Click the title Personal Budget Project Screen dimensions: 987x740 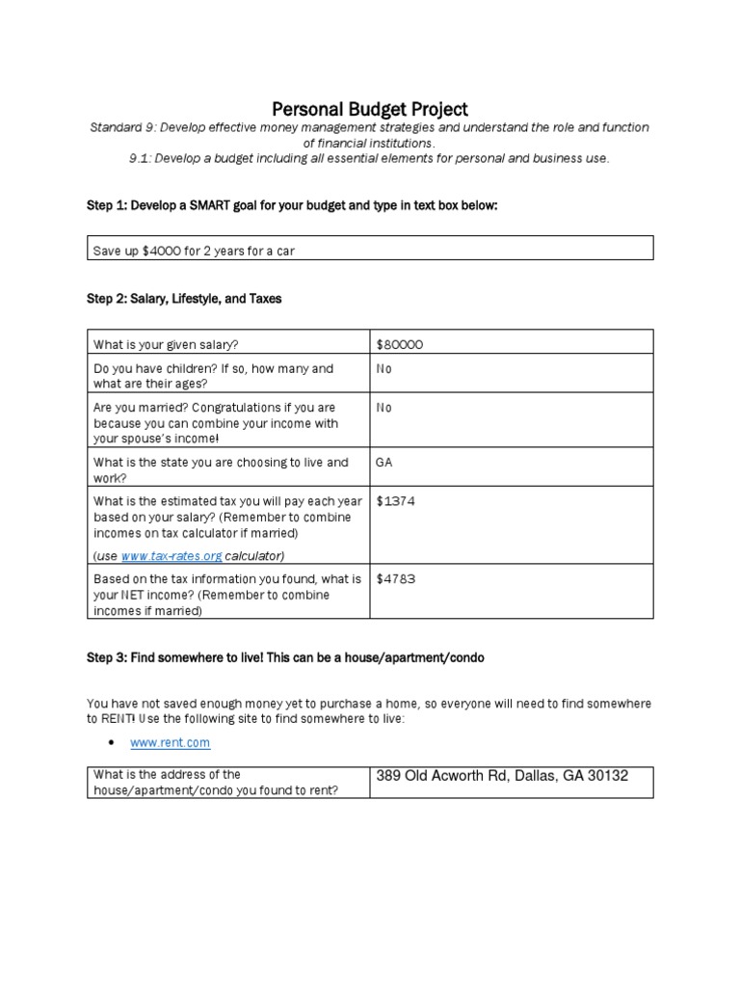pyautogui.click(x=371, y=109)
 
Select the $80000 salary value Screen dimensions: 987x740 pyautogui.click(x=400, y=343)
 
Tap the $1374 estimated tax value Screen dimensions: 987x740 pyautogui.click(x=396, y=502)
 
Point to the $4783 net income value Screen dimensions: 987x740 pyautogui.click(x=396, y=579)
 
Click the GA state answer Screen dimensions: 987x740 pyautogui.click(x=384, y=463)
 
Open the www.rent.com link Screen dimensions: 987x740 pyautogui.click(x=170, y=743)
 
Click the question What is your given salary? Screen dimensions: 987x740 pyautogui.click(x=165, y=344)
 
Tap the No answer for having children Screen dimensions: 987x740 pyautogui.click(x=384, y=369)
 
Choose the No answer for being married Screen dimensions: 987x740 pyautogui.click(x=384, y=408)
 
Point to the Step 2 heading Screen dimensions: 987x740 pyautogui.click(x=184, y=299)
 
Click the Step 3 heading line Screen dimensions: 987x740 pyautogui.click(x=286, y=657)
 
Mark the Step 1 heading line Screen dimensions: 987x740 pyautogui.click(x=292, y=206)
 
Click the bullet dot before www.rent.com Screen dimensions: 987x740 pyautogui.click(x=112, y=743)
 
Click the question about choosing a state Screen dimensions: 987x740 pyautogui.click(x=221, y=470)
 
